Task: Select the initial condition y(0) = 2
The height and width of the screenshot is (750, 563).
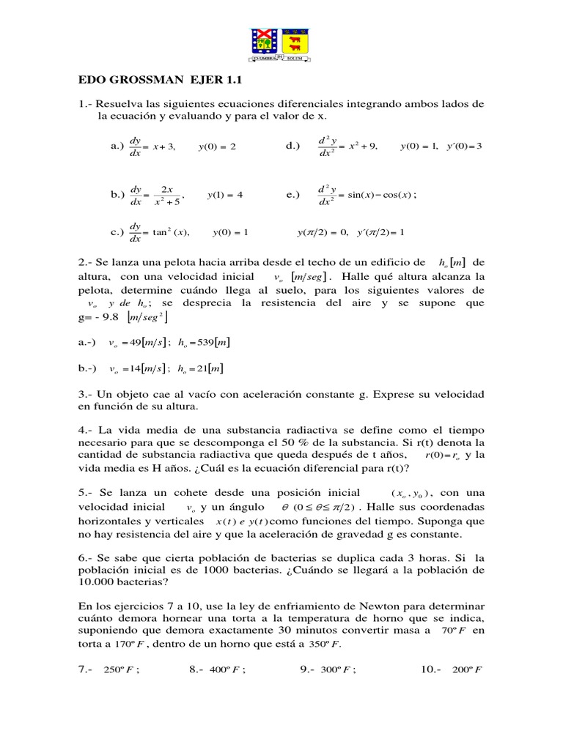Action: pyautogui.click(x=217, y=147)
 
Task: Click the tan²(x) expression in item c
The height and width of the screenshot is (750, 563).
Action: pyautogui.click(x=169, y=233)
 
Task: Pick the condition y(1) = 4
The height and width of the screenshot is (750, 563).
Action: pyautogui.click(x=225, y=195)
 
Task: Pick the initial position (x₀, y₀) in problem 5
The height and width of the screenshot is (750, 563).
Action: pyautogui.click(x=411, y=493)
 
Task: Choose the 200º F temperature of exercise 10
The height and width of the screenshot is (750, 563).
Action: pyautogui.click(x=466, y=669)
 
